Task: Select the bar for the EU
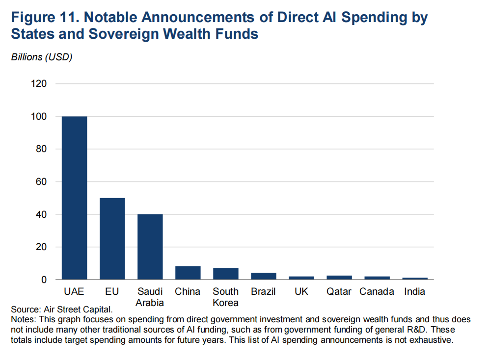click(x=112, y=239)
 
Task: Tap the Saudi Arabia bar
click(x=150, y=247)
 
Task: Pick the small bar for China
click(x=188, y=273)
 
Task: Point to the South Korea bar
click(x=225, y=274)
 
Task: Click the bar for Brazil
click(x=263, y=276)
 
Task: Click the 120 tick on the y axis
click(x=40, y=84)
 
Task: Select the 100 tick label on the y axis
click(x=40, y=117)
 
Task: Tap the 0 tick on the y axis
click(x=44, y=280)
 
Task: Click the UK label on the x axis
click(x=301, y=291)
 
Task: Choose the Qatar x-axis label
click(x=339, y=291)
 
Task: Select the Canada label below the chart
click(x=377, y=291)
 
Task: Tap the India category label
click(x=414, y=291)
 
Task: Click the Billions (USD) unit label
click(x=42, y=57)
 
